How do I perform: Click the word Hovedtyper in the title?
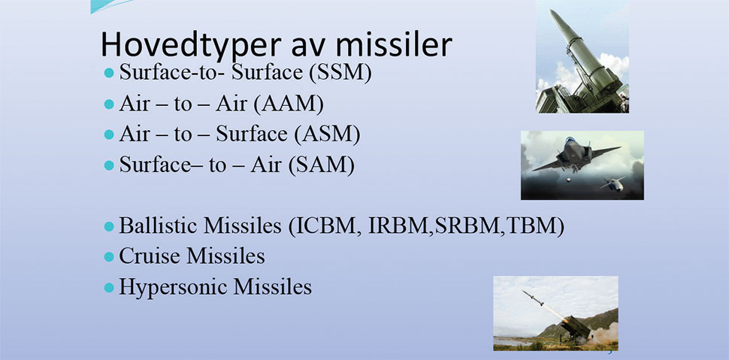coord(191,46)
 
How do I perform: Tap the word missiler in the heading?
coord(395,44)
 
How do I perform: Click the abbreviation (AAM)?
coord(289,104)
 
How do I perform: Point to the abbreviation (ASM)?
coord(327,135)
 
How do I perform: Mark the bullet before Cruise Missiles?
coord(109,257)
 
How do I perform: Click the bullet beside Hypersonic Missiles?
coord(109,287)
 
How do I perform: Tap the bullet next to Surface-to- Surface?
coord(109,73)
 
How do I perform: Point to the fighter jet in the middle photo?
coord(576,154)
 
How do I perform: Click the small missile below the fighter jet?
coord(613,183)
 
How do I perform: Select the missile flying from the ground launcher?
coord(533,298)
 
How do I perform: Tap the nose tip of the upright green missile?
coord(552,11)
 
